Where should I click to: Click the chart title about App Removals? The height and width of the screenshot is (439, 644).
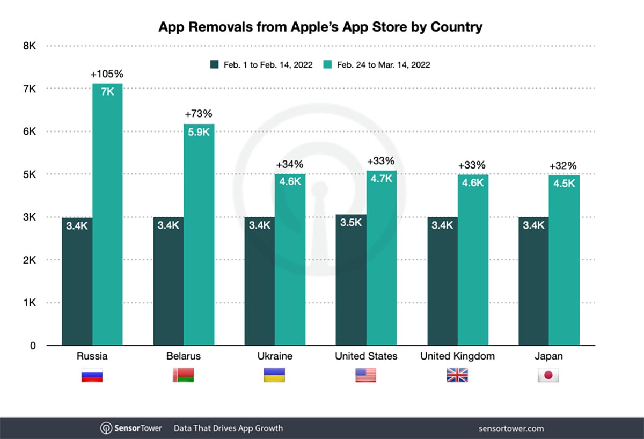[320, 27]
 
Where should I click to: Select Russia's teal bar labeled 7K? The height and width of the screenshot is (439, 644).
[107, 215]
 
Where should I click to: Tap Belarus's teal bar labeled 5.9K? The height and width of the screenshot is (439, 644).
[199, 236]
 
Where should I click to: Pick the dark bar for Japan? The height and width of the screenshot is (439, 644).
[533, 282]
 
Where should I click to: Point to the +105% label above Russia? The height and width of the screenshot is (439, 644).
[108, 74]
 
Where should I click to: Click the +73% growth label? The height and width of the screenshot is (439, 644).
[199, 114]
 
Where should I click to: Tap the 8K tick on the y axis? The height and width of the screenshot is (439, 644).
[30, 46]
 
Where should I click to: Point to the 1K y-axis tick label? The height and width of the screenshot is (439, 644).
[30, 303]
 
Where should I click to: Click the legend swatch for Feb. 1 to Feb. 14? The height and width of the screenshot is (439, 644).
[214, 65]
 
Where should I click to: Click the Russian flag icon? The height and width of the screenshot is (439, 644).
[92, 375]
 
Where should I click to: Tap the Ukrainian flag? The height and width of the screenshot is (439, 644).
[274, 375]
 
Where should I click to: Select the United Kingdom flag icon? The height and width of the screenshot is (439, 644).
[457, 375]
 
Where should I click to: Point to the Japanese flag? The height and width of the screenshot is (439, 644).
[548, 375]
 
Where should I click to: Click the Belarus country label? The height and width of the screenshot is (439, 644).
[183, 356]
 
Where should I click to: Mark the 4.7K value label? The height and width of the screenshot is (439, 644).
[382, 179]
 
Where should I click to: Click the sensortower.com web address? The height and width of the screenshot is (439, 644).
[511, 428]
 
